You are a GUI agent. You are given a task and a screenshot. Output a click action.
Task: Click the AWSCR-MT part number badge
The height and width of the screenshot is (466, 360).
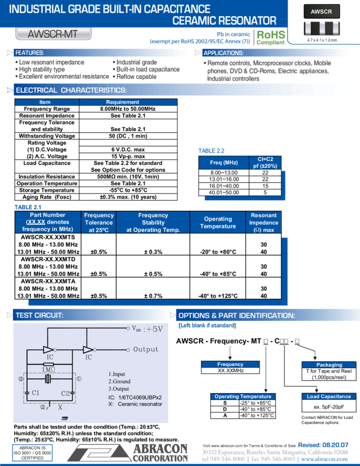pos(53,34)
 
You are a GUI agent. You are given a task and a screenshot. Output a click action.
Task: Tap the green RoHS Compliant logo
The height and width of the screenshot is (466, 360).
pos(271,37)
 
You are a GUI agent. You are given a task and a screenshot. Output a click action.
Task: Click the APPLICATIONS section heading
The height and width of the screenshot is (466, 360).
pos(223,53)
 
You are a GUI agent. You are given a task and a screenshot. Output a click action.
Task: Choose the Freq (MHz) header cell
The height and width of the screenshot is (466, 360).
pos(224,162)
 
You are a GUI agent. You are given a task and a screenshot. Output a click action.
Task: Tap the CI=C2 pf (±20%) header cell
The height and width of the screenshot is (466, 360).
pos(265,162)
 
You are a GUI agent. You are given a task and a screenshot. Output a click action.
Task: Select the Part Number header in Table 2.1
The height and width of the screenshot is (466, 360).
pos(48,223)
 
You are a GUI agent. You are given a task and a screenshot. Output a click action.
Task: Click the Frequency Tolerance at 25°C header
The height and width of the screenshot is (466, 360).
pos(99,223)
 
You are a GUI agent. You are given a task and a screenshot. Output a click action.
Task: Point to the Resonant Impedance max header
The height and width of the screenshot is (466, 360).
pos(264,223)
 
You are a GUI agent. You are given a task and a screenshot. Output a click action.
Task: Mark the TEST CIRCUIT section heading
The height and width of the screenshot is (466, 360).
pos(39,315)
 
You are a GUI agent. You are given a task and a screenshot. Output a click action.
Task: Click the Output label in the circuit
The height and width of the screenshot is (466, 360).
pos(146,349)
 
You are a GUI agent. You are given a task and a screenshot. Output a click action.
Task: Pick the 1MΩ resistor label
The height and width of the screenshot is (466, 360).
pos(48,370)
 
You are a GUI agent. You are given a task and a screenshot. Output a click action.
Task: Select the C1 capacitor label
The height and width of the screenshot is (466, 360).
pos(36,393)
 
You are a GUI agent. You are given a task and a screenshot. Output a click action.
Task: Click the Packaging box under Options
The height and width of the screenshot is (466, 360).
pos(329,365)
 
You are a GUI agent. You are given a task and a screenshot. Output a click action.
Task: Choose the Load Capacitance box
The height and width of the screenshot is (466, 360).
pos(329,396)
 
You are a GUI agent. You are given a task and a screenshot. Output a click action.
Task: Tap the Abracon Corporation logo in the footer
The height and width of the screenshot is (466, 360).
pos(127,452)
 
